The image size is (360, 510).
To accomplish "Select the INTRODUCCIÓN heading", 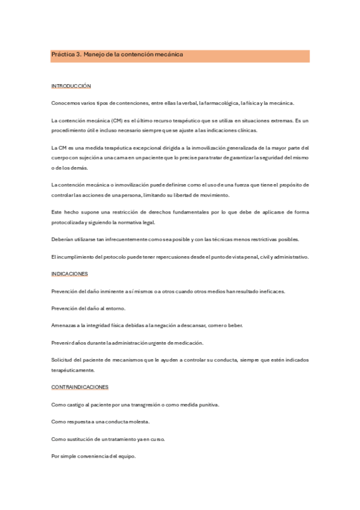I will (x=70, y=87).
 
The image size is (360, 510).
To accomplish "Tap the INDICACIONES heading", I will (x=70, y=274).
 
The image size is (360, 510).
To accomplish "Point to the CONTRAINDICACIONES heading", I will (x=80, y=387).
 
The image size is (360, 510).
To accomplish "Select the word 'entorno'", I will (x=114, y=309).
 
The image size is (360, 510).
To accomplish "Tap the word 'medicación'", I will (x=189, y=343).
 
